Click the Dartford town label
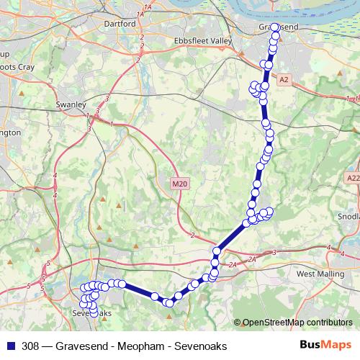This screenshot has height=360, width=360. (121, 24)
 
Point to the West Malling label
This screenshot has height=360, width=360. (316, 274)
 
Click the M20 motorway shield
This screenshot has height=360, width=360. (179, 184)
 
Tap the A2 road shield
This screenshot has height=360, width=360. (284, 79)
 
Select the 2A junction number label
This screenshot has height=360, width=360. (251, 258)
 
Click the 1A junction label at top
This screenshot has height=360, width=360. (149, 6)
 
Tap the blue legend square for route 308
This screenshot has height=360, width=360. (9, 346)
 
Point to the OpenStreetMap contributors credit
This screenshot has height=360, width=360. (297, 323)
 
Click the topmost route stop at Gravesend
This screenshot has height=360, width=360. (275, 27)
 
